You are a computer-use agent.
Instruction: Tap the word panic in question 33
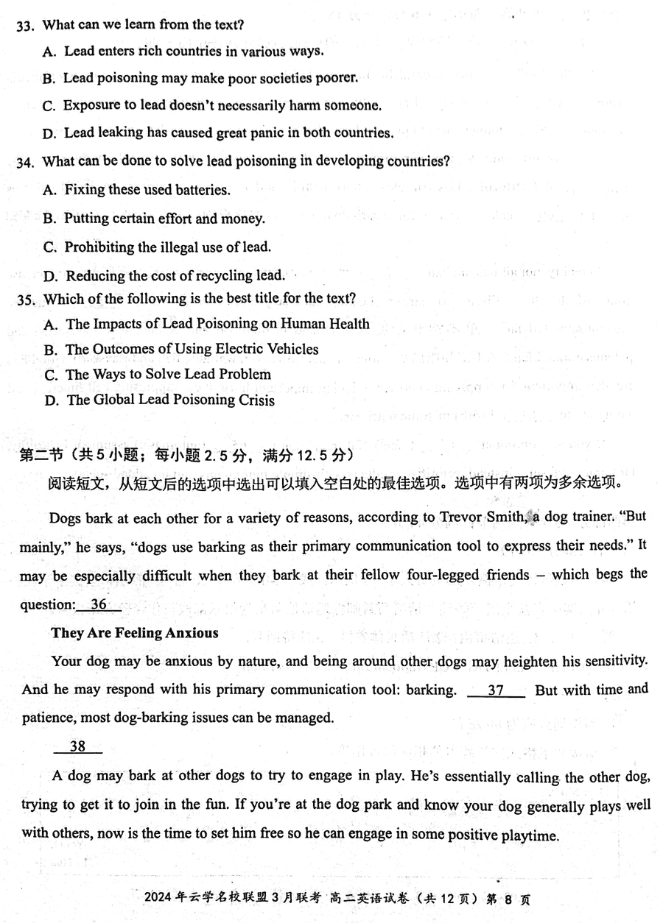coord(259,133)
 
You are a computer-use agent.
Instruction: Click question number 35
coord(27,300)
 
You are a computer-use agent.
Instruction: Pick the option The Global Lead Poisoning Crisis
coord(170,400)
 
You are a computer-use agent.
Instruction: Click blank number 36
coord(98,605)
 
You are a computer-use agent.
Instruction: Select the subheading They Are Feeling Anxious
coord(135,633)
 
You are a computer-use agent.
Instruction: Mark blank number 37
coord(496,690)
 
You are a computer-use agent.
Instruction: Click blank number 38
coord(77,746)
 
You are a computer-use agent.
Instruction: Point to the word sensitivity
coord(614,661)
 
